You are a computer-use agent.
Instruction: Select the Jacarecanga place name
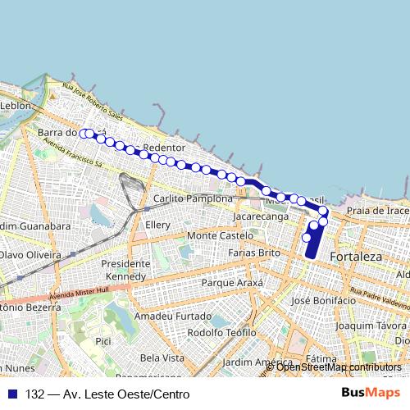(x=261, y=217)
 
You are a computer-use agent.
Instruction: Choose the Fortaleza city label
(x=356, y=257)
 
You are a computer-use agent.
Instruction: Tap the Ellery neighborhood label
(x=157, y=225)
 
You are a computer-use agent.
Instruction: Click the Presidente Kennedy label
(x=127, y=271)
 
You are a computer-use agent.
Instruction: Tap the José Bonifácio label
(x=323, y=301)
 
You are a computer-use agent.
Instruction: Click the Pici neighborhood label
(x=102, y=340)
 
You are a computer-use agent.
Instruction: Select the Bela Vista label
(x=162, y=358)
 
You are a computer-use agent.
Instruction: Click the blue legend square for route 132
(x=11, y=394)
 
